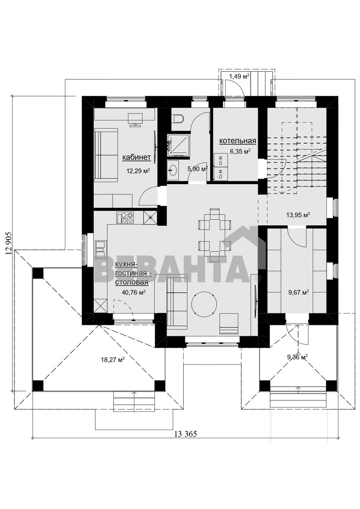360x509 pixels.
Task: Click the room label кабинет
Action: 137,157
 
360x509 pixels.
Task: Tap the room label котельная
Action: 237,141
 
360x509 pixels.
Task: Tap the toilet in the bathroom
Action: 178,118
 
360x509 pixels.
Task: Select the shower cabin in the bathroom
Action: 178,145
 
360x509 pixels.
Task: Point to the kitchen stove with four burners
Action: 125,217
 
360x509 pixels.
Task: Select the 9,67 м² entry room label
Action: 298,292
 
